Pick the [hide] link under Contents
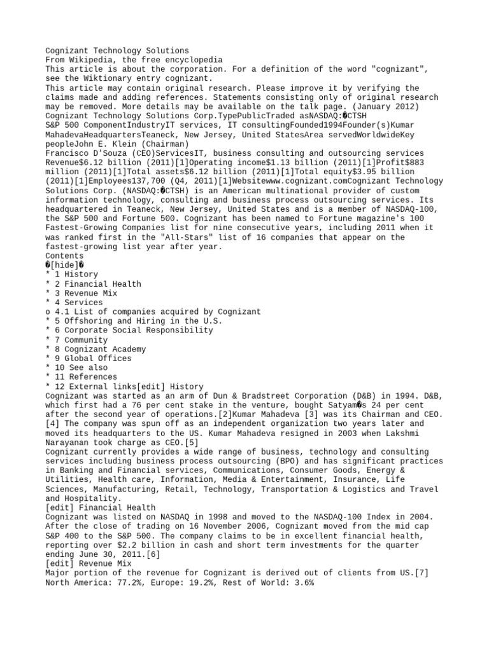pyautogui.click(x=66, y=265)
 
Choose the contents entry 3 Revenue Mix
pyautogui.click(x=85, y=293)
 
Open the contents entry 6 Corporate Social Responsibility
pyautogui.click(x=133, y=331)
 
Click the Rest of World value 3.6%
pyautogui.click(x=302, y=582)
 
